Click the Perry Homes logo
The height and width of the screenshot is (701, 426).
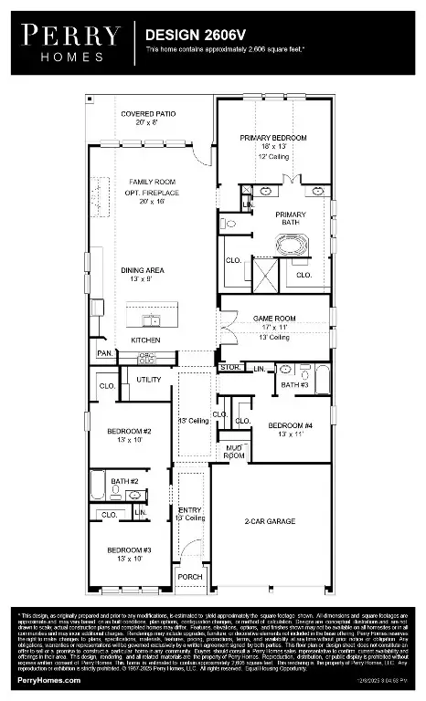coord(71,42)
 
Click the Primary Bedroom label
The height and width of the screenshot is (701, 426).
coord(273,137)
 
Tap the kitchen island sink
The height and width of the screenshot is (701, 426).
coord(151,319)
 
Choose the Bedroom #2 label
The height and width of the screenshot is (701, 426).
coord(128,430)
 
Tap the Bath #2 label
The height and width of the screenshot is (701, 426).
coord(125,481)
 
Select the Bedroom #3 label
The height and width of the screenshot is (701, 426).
coord(128,549)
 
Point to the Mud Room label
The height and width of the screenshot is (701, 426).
coord(235,449)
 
